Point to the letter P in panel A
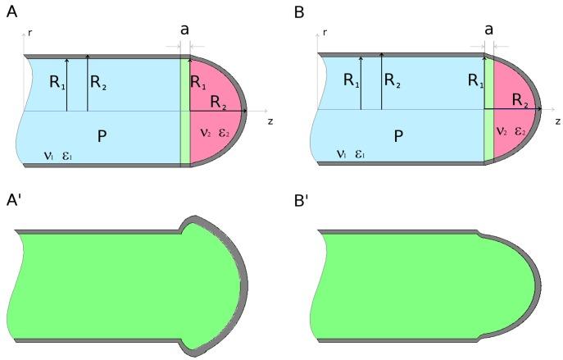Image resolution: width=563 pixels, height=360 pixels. [102, 136]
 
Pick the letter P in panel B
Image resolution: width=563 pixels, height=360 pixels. [397, 136]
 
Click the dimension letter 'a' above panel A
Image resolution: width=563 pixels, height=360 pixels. [185, 29]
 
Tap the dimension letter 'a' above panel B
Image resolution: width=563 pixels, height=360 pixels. [488, 29]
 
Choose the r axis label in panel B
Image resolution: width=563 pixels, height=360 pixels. [325, 34]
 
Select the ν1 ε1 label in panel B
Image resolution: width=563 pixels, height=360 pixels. [347, 154]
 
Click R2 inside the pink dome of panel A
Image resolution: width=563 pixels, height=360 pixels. [218, 101]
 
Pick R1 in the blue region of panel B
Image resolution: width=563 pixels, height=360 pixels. [350, 81]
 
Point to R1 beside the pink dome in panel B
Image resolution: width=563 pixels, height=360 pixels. [476, 80]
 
